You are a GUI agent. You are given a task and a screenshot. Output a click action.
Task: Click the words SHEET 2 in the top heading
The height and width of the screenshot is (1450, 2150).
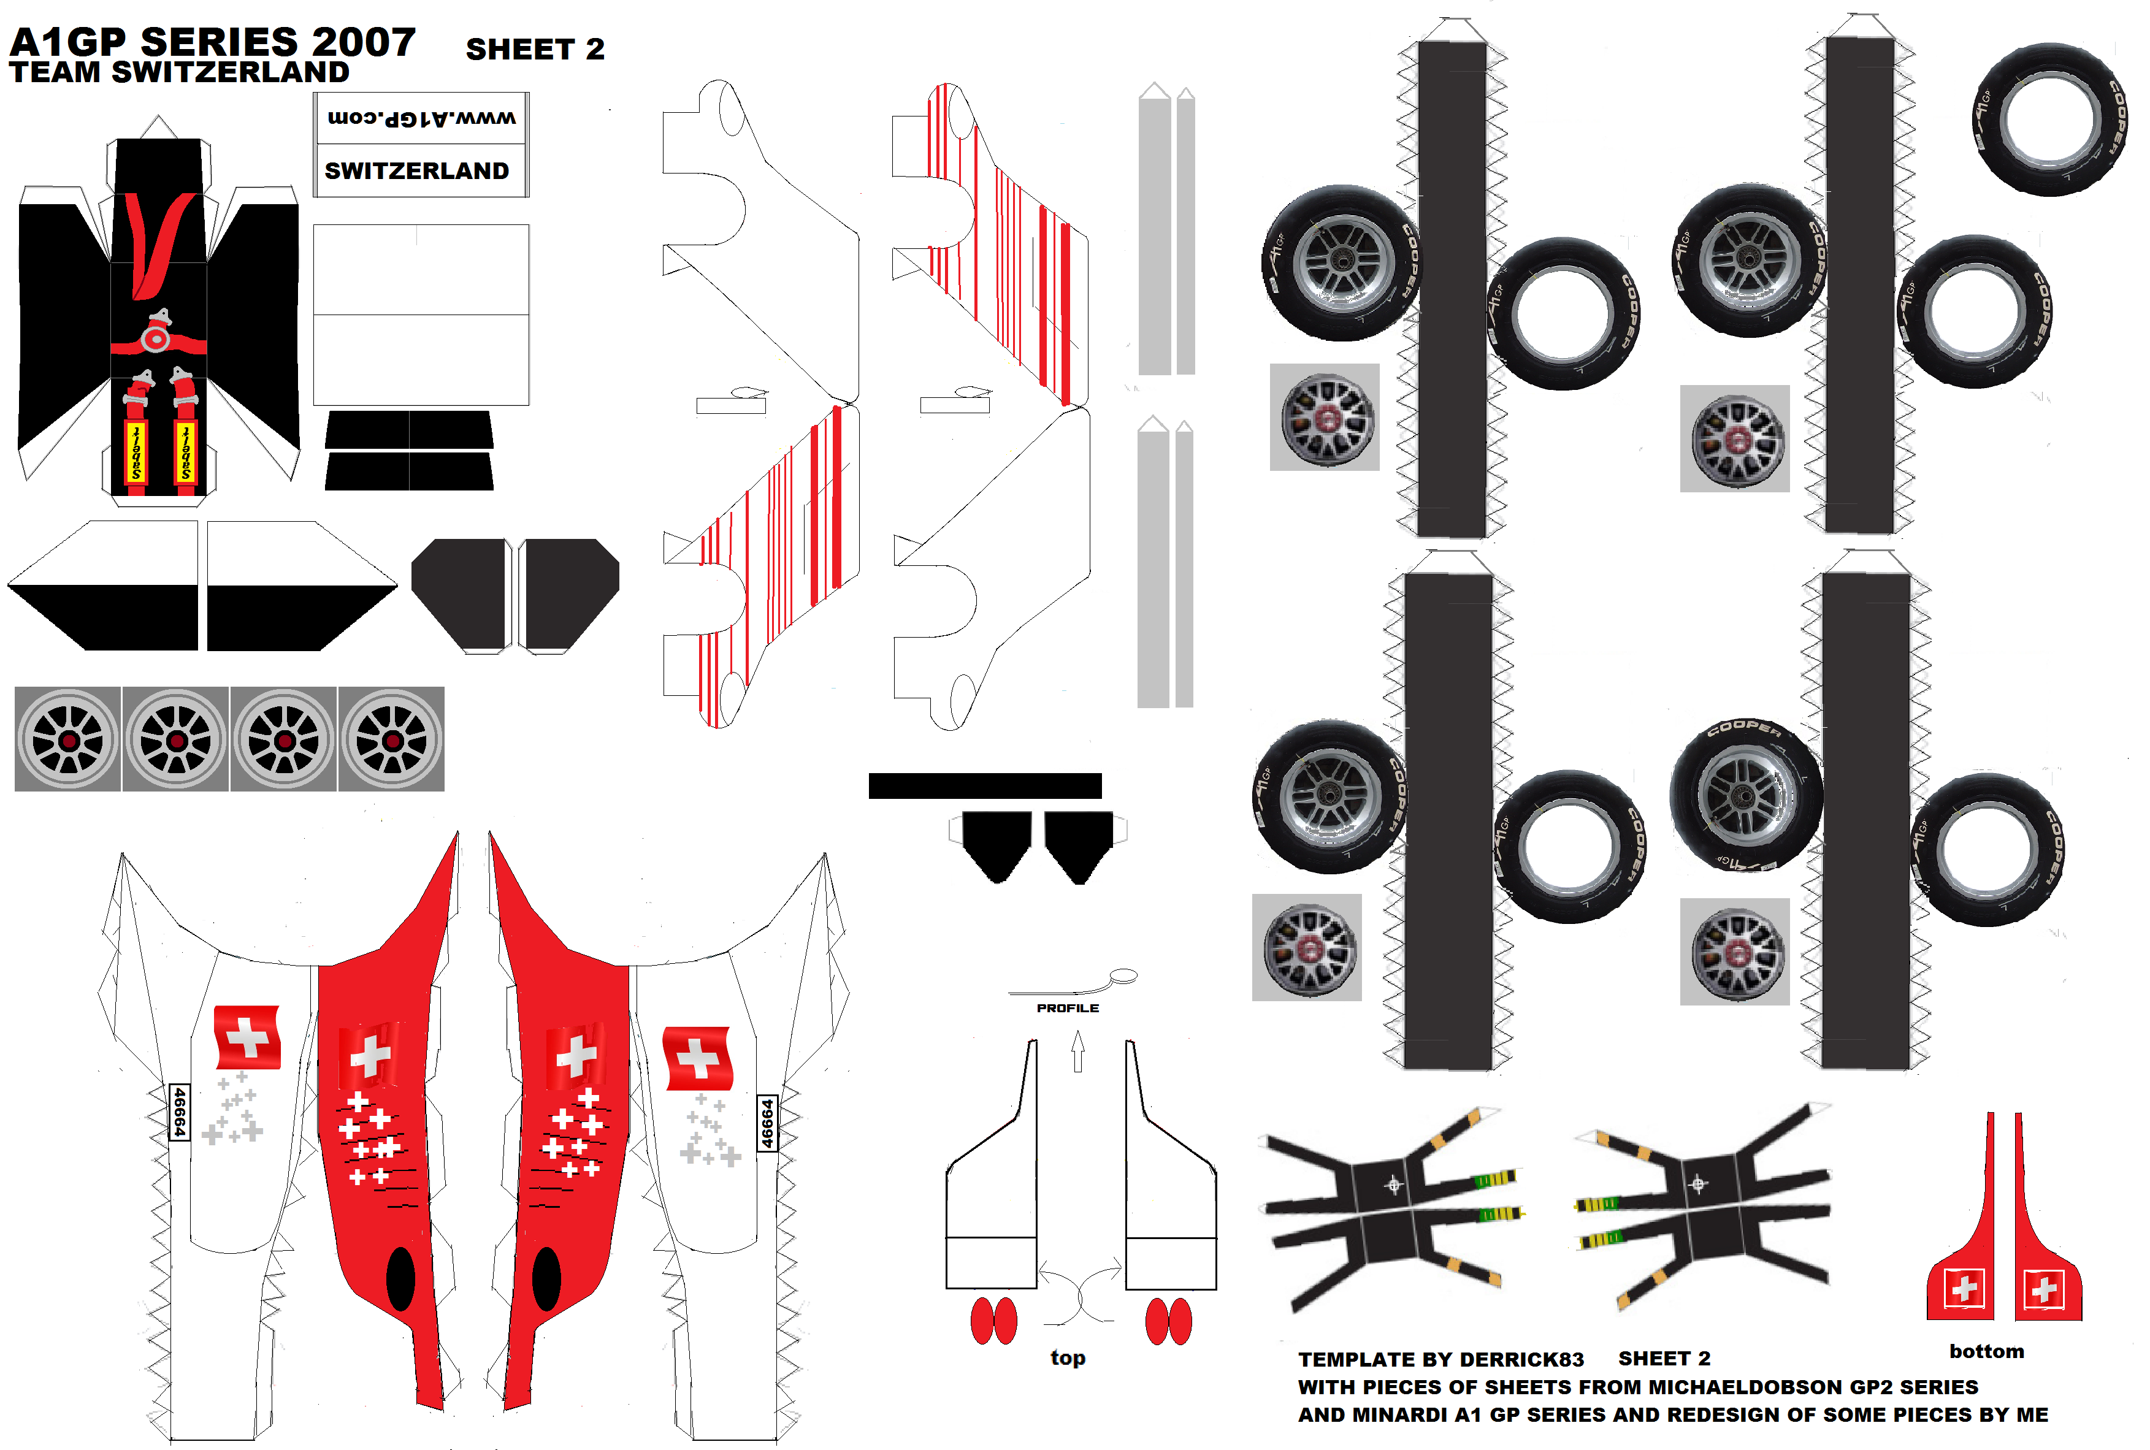pos(535,49)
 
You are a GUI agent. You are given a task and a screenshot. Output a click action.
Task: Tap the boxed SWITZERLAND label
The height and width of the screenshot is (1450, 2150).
pos(416,171)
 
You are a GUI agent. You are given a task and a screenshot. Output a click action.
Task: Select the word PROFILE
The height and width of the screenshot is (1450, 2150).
pos(1067,1008)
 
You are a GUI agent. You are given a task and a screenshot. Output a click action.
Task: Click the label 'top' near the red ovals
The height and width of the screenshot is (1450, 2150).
pos(1067,1357)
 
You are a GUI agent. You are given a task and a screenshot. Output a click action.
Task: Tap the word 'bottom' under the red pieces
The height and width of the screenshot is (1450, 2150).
pos(1986,1351)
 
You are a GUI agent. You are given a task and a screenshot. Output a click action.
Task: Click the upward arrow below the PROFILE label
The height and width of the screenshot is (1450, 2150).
pos(1077,1051)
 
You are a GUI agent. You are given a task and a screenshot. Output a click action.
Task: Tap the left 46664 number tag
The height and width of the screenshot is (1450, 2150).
pos(180,1112)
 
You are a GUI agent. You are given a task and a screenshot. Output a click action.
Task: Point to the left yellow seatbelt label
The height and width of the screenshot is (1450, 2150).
pos(136,452)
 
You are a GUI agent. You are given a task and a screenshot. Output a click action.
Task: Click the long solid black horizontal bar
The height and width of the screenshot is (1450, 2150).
pos(985,785)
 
